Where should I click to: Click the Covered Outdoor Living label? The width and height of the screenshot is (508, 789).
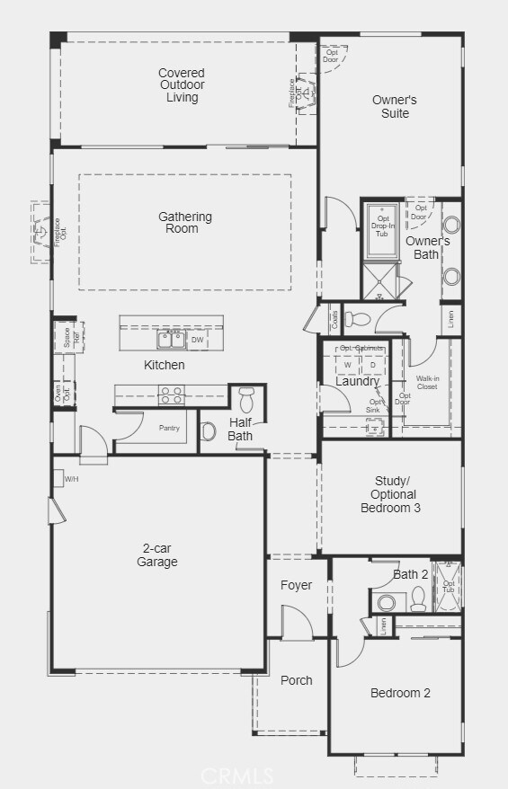coord(182,85)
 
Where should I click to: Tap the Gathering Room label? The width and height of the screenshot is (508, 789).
coord(185,222)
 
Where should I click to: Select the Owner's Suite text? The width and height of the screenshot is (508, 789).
coord(395,107)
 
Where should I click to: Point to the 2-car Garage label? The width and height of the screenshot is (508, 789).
coord(157,555)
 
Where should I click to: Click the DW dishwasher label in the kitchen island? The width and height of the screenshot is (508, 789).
coord(198,341)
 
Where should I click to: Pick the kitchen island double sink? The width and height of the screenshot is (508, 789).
coord(171,340)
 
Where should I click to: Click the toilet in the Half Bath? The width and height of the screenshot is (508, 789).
coord(247,398)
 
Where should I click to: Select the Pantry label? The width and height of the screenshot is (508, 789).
coord(170,428)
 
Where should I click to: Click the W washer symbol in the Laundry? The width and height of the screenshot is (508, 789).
coord(347,365)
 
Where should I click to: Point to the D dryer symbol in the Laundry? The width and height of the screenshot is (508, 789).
coord(372,365)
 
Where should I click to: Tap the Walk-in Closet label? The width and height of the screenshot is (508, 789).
coord(427,382)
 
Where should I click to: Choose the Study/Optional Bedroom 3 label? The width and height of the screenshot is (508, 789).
coord(389,494)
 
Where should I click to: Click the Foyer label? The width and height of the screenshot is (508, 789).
coord(296,585)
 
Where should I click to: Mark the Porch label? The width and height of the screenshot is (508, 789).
coord(296,680)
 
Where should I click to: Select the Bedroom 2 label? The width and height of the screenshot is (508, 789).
coord(400,693)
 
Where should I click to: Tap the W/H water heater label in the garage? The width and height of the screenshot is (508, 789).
coord(71,479)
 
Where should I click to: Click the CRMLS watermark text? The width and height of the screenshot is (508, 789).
coord(236,774)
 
